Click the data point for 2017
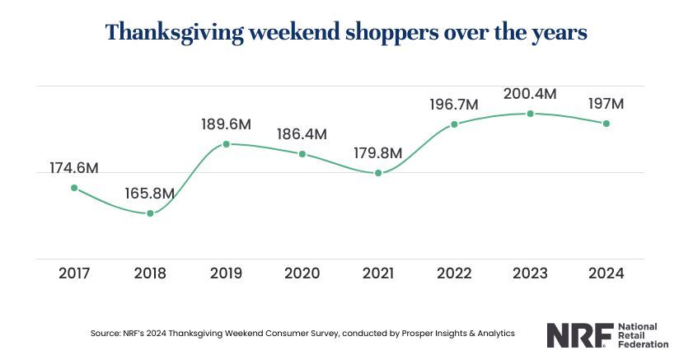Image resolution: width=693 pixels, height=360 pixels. pos(74,188)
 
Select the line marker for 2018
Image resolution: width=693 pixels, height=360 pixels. pos(150,213)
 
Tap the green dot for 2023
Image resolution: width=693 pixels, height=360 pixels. pos(531,113)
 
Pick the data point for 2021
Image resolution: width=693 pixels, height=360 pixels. pos(378,173)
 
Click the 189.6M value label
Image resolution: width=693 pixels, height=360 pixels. pos(226,124)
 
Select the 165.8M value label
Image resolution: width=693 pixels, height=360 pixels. pos(150,194)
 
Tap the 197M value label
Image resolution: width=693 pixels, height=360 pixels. pos(606,104)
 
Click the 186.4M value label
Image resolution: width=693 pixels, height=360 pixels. pos(302,133)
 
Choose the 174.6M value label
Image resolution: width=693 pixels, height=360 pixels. pos(74,168)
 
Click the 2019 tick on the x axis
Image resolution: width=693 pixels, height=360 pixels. pos(226,273)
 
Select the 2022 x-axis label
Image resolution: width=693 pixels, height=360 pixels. pos(454,273)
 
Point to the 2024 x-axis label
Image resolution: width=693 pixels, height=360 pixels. pos(606,273)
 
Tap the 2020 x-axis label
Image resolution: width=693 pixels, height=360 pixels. pos(302,273)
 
